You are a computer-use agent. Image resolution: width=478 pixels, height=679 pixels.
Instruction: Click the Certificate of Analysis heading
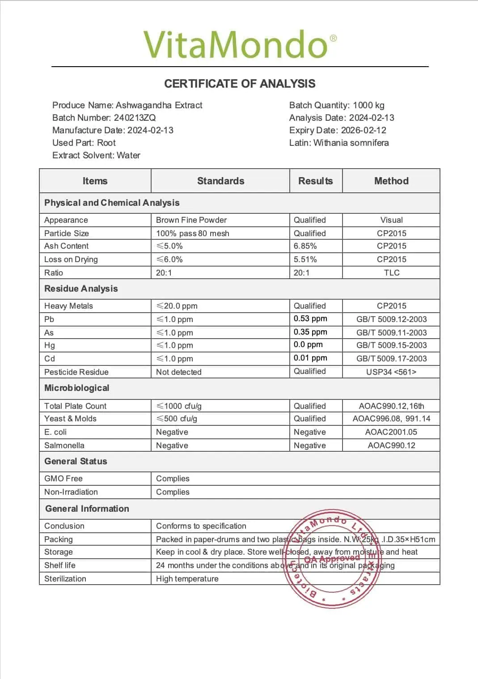point(240,84)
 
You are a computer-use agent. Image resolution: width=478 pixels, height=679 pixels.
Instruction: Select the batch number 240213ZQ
point(135,118)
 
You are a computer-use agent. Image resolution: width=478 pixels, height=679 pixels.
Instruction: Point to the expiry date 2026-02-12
point(364,130)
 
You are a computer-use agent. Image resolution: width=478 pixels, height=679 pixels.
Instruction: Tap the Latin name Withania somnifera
point(351,143)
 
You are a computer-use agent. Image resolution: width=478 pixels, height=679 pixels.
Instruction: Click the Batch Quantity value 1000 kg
point(368,105)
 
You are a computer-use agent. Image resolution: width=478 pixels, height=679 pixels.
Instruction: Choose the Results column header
point(316,181)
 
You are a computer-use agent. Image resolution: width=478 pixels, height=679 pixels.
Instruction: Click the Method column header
point(391,181)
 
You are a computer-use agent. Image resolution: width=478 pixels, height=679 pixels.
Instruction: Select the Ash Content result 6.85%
point(305,246)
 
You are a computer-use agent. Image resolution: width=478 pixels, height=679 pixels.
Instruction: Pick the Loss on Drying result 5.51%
point(305,259)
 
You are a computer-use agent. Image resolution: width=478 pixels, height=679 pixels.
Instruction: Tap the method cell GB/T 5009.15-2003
point(391,345)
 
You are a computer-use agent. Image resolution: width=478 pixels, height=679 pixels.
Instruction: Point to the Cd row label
point(50,359)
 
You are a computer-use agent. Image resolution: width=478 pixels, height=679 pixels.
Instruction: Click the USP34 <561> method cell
point(391,372)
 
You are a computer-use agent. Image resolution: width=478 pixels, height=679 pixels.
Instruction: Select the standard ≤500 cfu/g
point(177,419)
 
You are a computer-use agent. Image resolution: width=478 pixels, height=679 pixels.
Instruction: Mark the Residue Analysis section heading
point(81,289)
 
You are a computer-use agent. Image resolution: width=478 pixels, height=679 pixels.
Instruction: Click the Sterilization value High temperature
point(187,579)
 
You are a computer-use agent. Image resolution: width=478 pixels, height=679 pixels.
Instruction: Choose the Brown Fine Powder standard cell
point(191,220)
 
